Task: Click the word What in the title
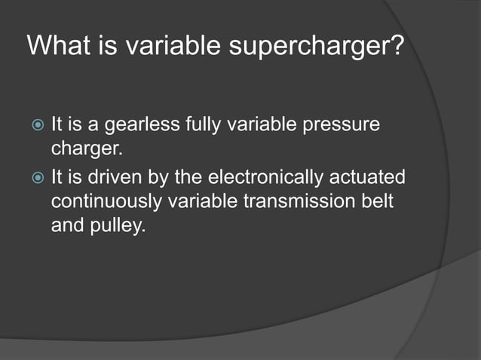pyautogui.click(x=59, y=47)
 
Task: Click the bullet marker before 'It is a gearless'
pyautogui.click(x=35, y=122)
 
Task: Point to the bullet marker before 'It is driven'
pyautogui.click(x=35, y=178)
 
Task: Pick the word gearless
pyautogui.click(x=143, y=123)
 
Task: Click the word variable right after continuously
pyautogui.click(x=198, y=201)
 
